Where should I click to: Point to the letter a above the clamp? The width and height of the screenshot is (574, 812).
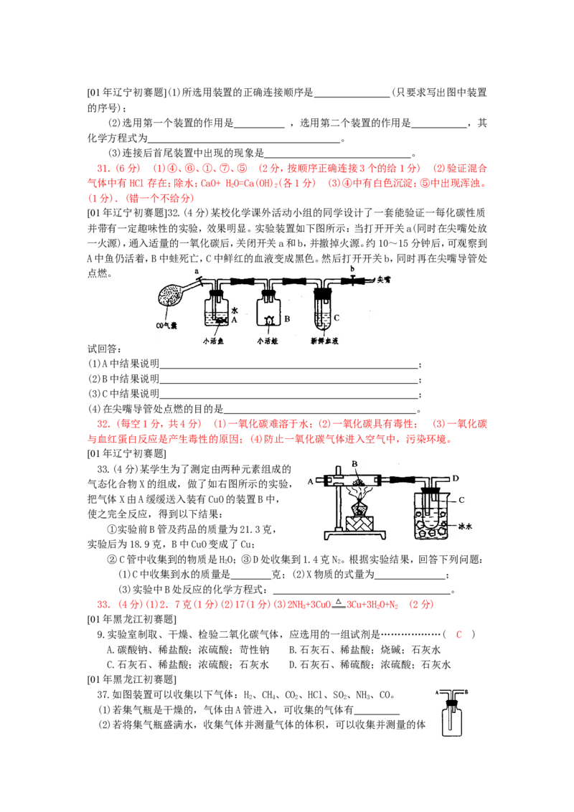point(197,270)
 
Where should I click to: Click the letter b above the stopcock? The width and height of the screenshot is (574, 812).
point(352,268)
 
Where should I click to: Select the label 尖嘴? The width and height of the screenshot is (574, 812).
point(386,280)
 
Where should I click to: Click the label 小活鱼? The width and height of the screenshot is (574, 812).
point(216,341)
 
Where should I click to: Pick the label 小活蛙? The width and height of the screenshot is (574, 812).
point(268,341)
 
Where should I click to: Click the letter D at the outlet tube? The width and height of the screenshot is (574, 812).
point(456,477)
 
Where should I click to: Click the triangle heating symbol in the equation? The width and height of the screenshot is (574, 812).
point(339,600)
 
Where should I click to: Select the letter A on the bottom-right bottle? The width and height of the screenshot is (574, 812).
point(436,692)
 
